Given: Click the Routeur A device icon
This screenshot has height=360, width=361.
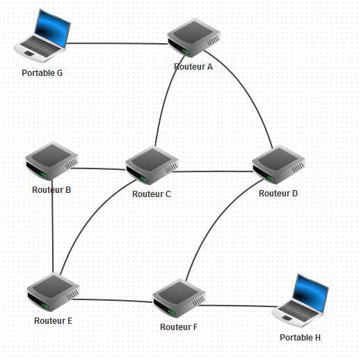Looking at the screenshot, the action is (x=193, y=38).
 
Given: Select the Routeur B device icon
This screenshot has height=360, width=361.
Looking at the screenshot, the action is (x=51, y=161).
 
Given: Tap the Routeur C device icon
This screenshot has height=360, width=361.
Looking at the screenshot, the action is (x=152, y=165).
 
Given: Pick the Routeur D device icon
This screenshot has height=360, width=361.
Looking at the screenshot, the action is (x=278, y=164).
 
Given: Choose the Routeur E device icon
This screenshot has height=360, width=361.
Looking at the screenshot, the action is (x=53, y=292).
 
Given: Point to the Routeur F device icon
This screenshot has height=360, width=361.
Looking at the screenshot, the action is (x=179, y=298).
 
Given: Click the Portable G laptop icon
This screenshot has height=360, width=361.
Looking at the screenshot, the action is (x=42, y=36).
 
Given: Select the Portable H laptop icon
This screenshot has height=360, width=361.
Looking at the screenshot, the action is (x=300, y=301).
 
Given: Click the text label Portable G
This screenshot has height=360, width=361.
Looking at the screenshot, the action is (x=42, y=73).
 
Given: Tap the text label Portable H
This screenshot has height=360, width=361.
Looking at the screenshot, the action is (x=300, y=338).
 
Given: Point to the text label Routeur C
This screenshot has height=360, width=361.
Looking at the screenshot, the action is (x=152, y=194).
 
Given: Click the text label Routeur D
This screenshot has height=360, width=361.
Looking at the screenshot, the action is (x=278, y=194).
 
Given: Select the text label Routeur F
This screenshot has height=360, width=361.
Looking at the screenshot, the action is (x=179, y=327).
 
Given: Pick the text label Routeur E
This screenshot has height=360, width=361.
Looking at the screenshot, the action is (x=53, y=321).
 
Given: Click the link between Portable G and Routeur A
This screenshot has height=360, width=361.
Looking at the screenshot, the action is (x=117, y=43).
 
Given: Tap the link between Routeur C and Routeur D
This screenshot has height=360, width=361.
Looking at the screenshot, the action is (x=212, y=171).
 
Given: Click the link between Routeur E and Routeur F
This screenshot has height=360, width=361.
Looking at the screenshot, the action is (x=113, y=301).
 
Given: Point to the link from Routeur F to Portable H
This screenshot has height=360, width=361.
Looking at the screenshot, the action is (x=238, y=306).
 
